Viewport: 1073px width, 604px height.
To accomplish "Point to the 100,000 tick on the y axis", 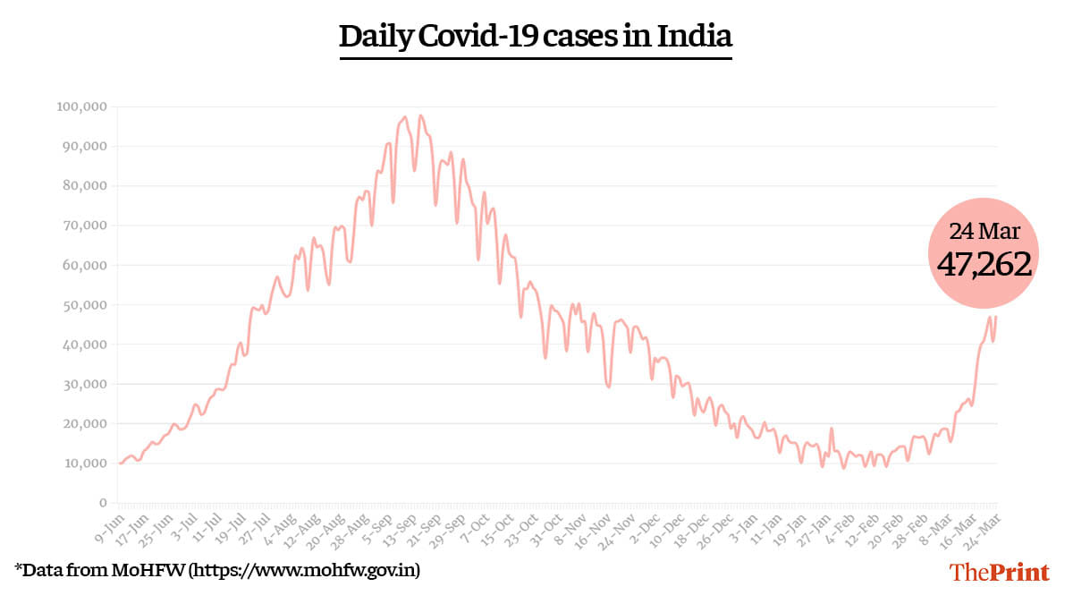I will [x=81, y=106].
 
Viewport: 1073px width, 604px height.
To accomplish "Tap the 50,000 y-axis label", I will [x=85, y=305].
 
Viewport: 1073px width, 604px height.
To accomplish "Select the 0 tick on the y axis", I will [x=103, y=503].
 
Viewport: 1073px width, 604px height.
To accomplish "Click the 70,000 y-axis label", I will [x=85, y=225].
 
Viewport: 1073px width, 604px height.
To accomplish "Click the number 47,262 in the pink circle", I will [x=984, y=264].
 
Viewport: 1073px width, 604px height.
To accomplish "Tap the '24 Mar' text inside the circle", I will [x=984, y=231].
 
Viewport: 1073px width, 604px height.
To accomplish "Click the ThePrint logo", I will [x=999, y=572].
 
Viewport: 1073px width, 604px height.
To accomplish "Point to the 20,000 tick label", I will [x=85, y=424].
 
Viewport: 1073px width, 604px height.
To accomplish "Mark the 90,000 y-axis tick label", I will [x=85, y=146].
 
